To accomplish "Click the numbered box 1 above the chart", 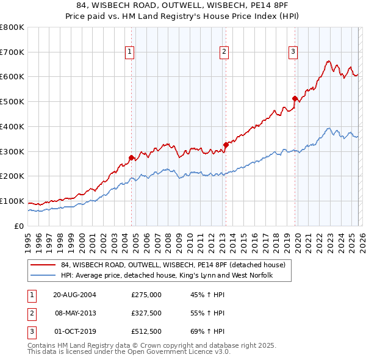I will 131,52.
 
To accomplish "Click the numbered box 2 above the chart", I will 224,52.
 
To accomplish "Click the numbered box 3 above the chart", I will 293,52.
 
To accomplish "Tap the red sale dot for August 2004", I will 131,157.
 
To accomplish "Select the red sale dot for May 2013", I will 225,145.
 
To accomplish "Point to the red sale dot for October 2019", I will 295,98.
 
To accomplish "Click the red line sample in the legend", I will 43,265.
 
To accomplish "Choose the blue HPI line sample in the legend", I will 43,276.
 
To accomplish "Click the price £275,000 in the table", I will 146,294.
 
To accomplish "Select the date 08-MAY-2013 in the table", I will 75,313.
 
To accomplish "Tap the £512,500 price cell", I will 146,332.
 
